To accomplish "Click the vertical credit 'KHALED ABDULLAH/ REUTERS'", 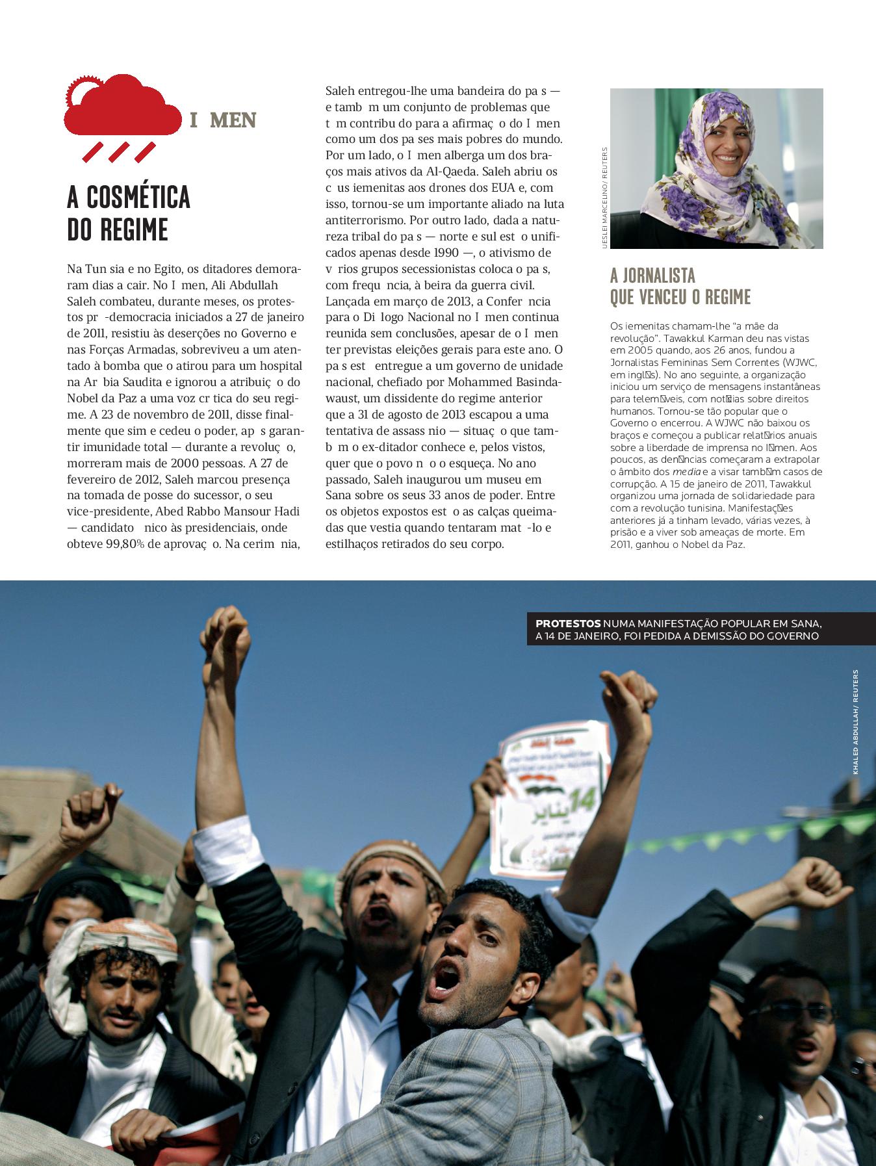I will [x=856, y=721].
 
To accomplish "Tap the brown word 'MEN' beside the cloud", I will [x=234, y=121].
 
